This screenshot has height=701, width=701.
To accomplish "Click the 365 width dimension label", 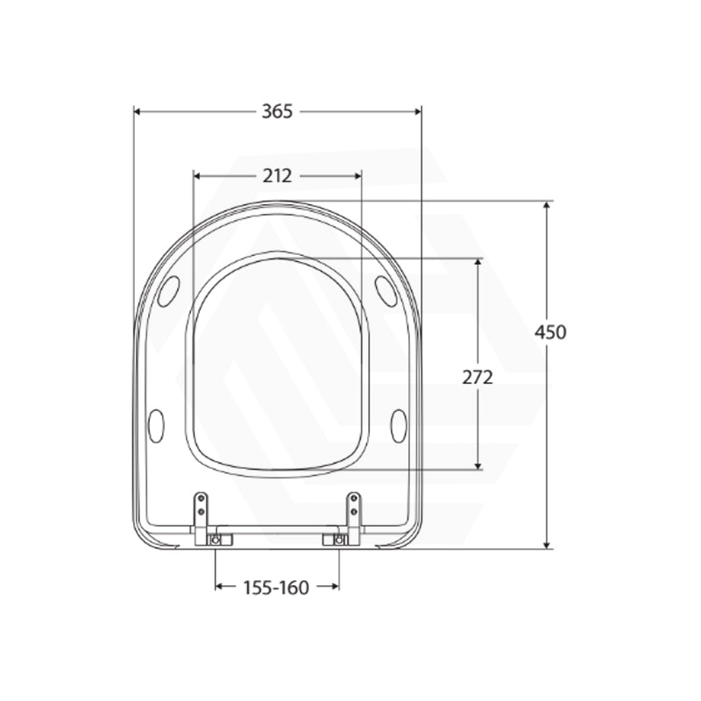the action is [277, 111].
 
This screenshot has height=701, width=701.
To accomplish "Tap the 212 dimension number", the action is [277, 176].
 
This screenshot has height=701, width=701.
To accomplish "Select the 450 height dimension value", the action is [551, 332].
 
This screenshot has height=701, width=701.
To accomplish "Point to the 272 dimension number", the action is [478, 378].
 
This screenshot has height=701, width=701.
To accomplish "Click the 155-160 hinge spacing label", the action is [276, 587].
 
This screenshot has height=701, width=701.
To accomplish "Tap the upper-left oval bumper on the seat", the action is [169, 291].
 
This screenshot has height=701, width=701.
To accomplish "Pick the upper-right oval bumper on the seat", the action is [386, 291].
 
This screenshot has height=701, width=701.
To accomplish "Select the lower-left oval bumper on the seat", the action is [156, 426].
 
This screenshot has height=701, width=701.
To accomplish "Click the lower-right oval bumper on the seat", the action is [399, 426].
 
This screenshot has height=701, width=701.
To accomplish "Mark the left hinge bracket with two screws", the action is [201, 510].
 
